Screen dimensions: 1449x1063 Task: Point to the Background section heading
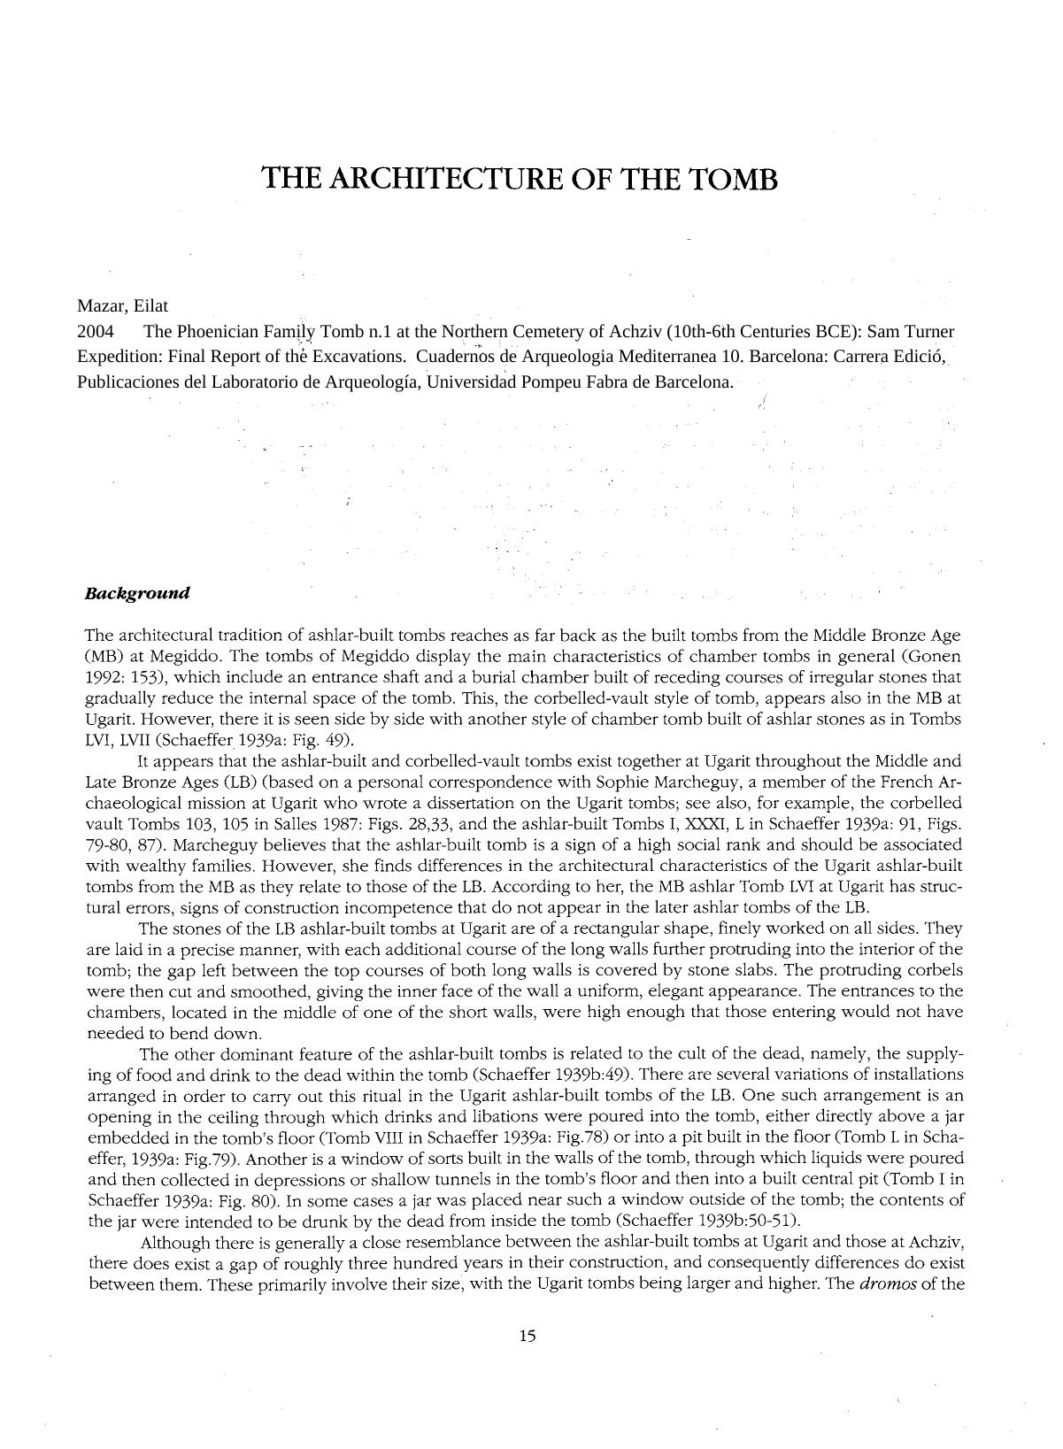[137, 593]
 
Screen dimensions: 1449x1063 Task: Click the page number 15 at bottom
[528, 1337]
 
